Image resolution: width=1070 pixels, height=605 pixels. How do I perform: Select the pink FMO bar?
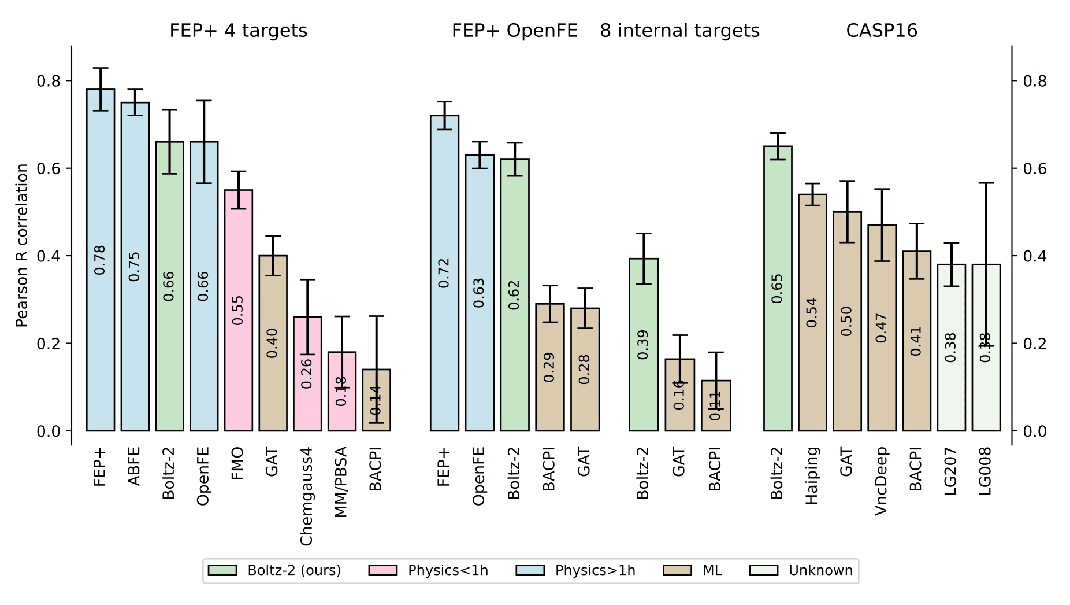pyautogui.click(x=238, y=310)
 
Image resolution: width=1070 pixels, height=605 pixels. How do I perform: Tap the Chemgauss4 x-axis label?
pyautogui.click(x=307, y=496)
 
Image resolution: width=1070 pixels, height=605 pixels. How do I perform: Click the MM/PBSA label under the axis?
pyautogui.click(x=341, y=482)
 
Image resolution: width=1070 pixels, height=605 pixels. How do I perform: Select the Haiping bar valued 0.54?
pyautogui.click(x=812, y=312)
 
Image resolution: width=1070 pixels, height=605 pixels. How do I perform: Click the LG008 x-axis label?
pyautogui.click(x=986, y=471)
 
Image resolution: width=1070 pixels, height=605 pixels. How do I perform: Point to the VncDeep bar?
pyautogui.click(x=882, y=327)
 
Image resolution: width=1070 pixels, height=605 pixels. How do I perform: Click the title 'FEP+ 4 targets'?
pyautogui.click(x=238, y=31)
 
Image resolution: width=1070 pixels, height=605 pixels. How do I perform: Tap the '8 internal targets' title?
pyautogui.click(x=679, y=31)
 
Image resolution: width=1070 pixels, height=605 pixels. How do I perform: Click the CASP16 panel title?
pyautogui.click(x=881, y=31)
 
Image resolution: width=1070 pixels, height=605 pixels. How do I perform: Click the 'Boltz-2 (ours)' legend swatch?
pyautogui.click(x=222, y=571)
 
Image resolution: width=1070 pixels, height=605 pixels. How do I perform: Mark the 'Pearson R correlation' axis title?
pyautogui.click(x=22, y=245)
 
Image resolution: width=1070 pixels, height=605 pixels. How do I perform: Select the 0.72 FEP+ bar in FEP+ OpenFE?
pyautogui.click(x=444, y=273)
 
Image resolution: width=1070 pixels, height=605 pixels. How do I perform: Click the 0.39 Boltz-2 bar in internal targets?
pyautogui.click(x=644, y=345)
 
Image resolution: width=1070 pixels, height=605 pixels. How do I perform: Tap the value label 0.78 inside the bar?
pyautogui.click(x=100, y=260)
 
